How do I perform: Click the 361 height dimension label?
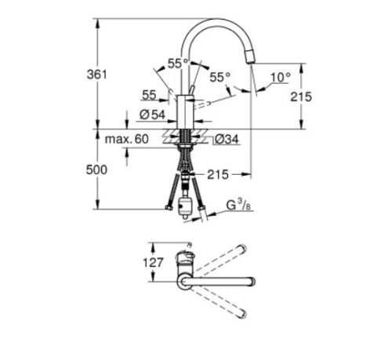pos(97,75)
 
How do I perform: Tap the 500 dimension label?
pos(96,170)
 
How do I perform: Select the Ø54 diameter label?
pos(152,115)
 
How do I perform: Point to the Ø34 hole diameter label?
pos(227,140)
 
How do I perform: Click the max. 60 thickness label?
pos(126,139)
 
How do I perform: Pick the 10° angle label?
pos(280,78)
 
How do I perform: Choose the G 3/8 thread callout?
pos(238,205)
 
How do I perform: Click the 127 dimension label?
pos(153,262)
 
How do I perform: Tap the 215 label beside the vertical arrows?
pos(301,96)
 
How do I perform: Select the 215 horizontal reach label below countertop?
pos(218,175)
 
